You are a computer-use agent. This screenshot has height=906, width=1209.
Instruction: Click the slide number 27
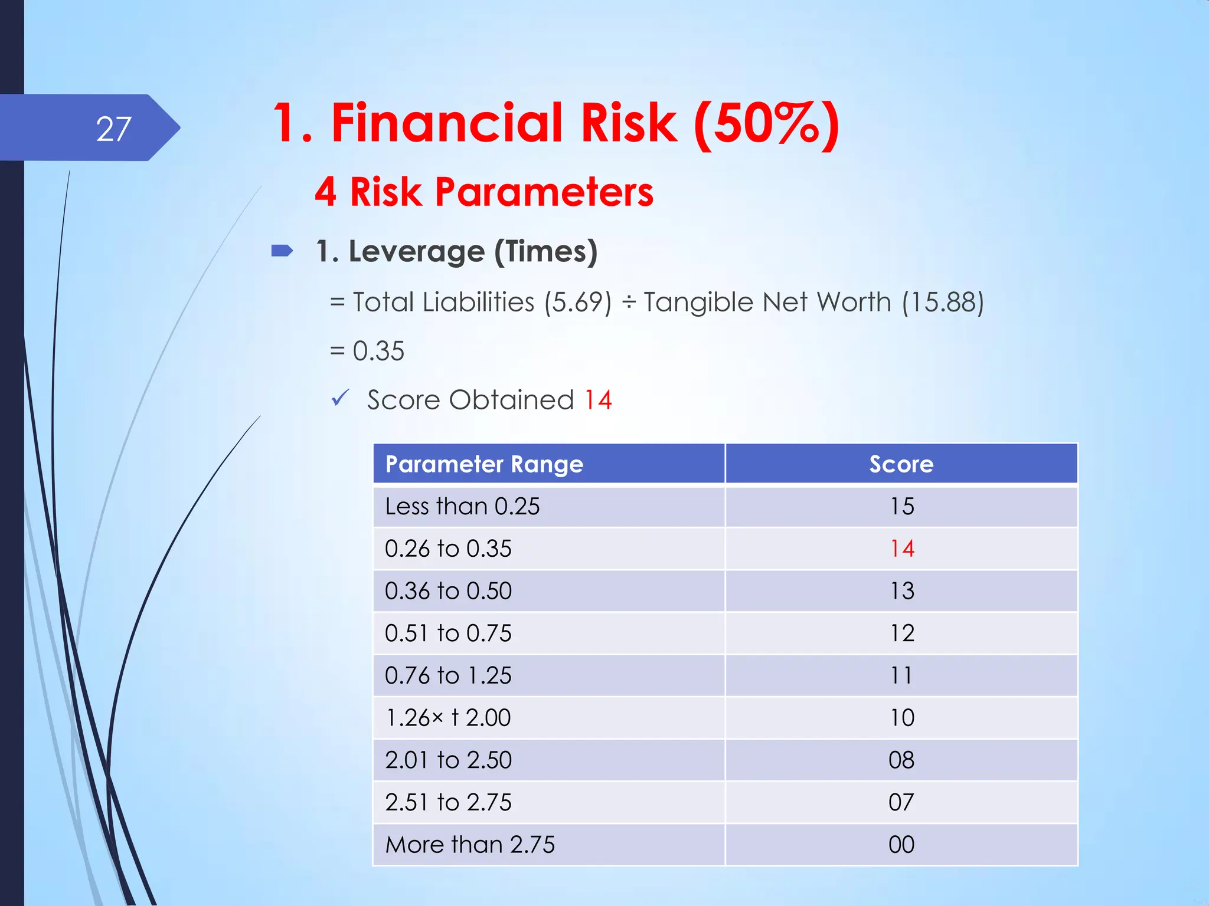point(113,129)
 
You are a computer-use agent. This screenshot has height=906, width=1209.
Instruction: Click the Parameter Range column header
point(484,464)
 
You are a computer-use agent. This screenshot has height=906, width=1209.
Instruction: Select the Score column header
point(901,464)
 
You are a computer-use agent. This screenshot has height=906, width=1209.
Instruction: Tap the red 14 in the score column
point(902,549)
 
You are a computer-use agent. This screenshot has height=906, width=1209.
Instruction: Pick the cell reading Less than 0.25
point(462,507)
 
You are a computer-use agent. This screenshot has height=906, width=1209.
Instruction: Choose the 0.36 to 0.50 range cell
point(448,591)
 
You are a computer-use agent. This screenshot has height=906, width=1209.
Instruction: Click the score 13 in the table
point(902,591)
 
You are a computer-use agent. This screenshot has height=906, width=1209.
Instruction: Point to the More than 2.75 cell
point(470,845)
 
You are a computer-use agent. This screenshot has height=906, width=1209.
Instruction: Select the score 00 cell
point(901,845)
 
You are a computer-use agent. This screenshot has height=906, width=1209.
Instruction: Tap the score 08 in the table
point(901,760)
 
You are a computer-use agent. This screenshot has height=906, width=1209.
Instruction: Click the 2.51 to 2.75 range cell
point(448,803)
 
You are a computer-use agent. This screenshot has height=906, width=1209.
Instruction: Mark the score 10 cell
point(902,718)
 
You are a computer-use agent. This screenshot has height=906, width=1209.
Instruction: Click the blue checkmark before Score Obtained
point(341,398)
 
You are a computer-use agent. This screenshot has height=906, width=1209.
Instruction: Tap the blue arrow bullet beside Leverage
point(282,251)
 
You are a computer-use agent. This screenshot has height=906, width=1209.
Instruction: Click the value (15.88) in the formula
point(943,303)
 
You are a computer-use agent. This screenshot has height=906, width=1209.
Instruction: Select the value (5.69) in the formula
point(578,303)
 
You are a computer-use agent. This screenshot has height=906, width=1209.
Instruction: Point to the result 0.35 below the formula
point(378,351)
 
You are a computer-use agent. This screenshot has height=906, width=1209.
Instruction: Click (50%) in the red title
point(766,123)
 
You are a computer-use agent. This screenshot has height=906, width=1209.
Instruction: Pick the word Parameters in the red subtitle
point(544,192)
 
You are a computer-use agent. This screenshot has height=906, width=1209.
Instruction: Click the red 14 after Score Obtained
point(598,400)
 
